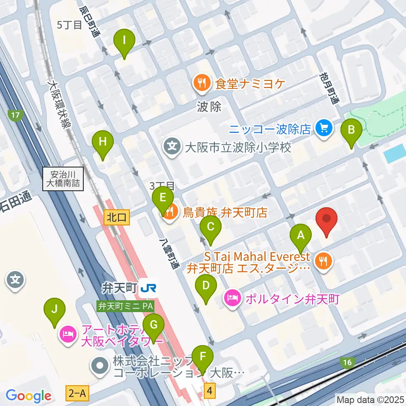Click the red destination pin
[327, 221]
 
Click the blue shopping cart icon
[324, 128]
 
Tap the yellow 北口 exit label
[115, 218]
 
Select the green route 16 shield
[347, 362]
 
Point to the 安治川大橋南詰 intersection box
[63, 179]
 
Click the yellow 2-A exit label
[77, 394]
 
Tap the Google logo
[28, 396]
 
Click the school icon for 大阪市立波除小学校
[173, 148]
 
